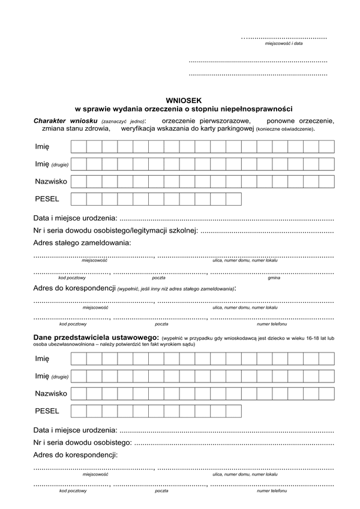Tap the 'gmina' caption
(274, 277)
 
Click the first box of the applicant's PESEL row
(79, 199)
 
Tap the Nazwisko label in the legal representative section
(51, 393)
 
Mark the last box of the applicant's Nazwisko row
(326, 181)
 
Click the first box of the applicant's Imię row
(79, 147)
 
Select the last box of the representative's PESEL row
(233, 411)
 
